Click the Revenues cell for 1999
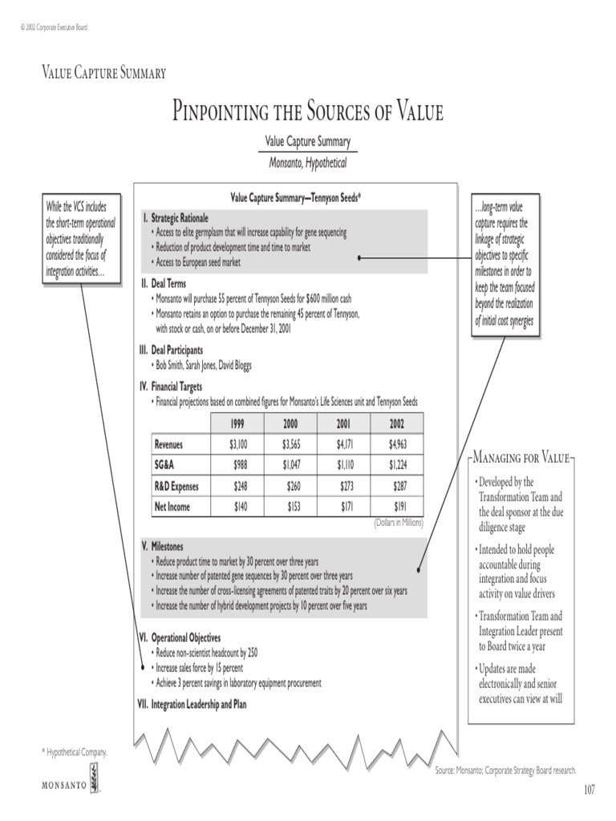(237, 444)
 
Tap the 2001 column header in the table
(343, 423)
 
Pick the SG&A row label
(167, 465)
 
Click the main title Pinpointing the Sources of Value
(308, 111)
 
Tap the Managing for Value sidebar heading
(521, 458)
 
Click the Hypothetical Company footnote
(74, 752)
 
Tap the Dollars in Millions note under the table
(398, 523)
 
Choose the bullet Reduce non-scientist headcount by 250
(207, 653)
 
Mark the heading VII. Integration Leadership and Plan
(193, 705)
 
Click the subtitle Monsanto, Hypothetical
(307, 162)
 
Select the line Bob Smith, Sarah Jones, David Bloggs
(203, 365)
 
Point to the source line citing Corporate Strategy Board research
(505, 770)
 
